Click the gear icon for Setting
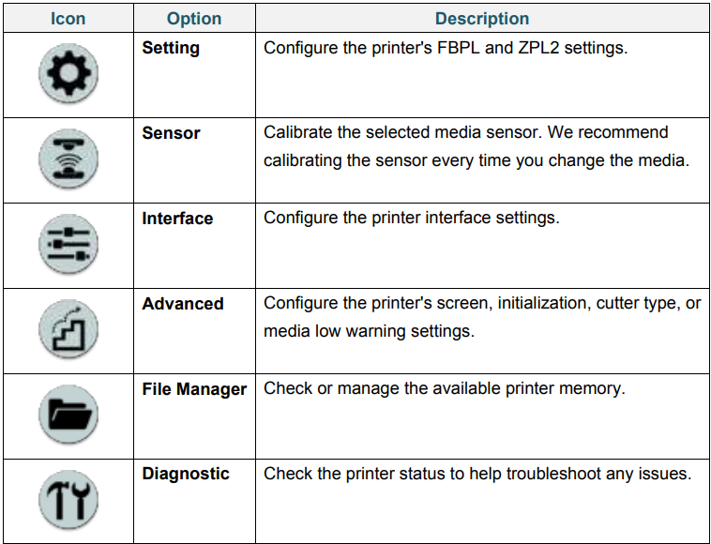[68, 73]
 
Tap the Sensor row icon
[68, 159]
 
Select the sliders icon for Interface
[68, 244]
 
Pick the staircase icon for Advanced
[68, 329]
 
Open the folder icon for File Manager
[68, 415]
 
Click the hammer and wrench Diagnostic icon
[68, 500]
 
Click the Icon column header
[68, 19]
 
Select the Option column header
[194, 19]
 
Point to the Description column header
[482, 19]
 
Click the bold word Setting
[171, 48]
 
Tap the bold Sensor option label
[171, 133]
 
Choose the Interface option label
[177, 218]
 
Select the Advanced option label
[183, 303]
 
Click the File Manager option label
[194, 389]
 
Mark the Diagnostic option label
[186, 474]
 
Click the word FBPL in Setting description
[459, 48]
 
